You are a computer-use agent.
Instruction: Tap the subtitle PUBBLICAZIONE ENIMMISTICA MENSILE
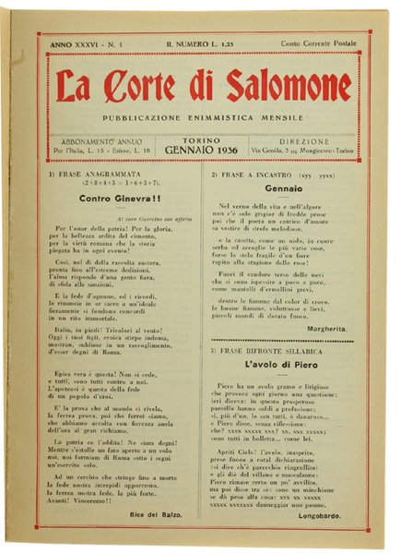tap(202, 118)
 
